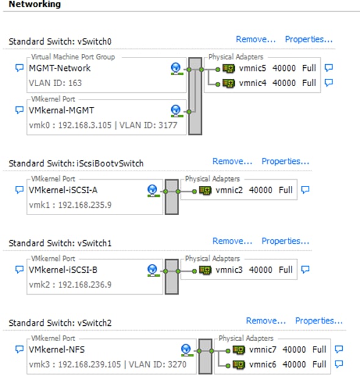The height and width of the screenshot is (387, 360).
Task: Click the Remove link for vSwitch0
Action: (255, 40)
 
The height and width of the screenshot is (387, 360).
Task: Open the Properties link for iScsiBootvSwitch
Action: (285, 161)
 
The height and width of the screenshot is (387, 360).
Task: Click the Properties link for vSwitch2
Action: (319, 321)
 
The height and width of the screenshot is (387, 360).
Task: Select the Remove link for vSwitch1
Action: (232, 241)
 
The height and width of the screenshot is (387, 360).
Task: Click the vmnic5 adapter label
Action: (252, 68)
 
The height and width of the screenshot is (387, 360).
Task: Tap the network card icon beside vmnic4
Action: (229, 83)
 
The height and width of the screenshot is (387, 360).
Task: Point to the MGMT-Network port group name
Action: (59, 68)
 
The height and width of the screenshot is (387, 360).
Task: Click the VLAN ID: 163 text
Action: (55, 83)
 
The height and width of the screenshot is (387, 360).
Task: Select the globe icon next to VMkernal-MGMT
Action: (175, 111)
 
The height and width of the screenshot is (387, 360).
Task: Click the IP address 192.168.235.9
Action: (84, 205)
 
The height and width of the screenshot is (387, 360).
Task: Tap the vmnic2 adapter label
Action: (229, 190)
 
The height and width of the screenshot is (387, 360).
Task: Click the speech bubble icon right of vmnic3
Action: (305, 270)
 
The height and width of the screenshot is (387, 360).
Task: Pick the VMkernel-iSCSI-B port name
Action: (63, 270)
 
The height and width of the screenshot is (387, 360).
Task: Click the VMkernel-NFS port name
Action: (56, 350)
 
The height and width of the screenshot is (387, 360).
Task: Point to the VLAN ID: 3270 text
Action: (158, 364)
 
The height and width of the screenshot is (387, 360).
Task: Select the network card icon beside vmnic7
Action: (239, 350)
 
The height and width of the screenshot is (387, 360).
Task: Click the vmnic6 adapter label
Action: (263, 364)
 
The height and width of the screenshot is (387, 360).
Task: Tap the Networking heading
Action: (35, 4)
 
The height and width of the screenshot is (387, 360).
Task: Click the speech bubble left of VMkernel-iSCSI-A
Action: (20, 190)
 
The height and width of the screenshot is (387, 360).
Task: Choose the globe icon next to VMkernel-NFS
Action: (186, 350)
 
